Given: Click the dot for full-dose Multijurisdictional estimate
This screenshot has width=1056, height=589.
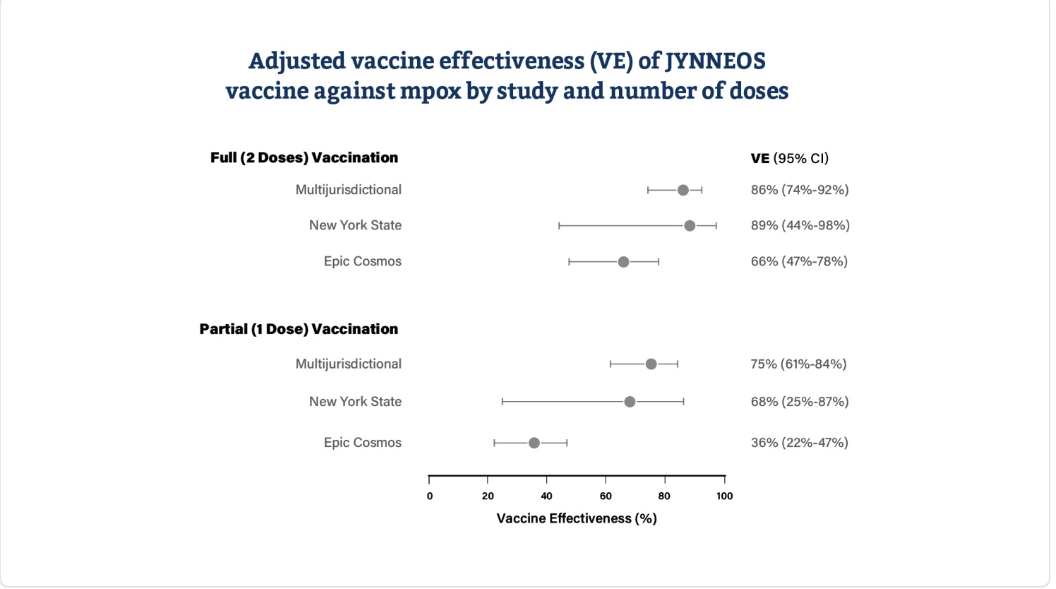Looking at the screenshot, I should (683, 190).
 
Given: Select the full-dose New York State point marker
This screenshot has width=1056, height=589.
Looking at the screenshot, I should (690, 226).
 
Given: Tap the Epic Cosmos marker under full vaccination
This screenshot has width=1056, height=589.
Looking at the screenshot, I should (623, 262).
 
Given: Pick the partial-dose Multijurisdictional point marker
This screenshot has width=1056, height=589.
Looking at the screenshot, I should (651, 364).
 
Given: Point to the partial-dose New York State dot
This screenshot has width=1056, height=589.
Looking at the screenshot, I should (630, 402).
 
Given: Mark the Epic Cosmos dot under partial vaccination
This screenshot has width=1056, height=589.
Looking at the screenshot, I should (534, 443).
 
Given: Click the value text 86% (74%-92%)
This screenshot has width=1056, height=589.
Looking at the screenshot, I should (799, 190).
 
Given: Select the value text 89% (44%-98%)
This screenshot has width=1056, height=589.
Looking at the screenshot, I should (800, 225).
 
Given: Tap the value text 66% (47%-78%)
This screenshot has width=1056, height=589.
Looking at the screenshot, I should (799, 261).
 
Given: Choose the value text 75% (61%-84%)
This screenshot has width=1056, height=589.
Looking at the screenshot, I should (798, 364).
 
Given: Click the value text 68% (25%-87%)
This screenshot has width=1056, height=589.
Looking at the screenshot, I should (799, 402).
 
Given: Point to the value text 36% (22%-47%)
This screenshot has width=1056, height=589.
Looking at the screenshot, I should (799, 443).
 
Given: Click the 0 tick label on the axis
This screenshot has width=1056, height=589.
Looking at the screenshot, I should (430, 496).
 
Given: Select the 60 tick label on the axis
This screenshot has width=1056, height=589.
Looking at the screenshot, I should (606, 496).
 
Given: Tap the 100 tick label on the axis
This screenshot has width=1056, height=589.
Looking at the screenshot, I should (724, 496).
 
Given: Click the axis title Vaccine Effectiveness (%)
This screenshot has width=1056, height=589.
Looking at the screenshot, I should (577, 518).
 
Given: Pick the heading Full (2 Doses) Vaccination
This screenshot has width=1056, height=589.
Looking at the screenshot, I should (304, 157).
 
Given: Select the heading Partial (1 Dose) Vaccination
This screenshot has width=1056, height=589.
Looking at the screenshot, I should (299, 329).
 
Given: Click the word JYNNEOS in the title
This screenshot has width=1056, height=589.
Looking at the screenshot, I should (715, 61).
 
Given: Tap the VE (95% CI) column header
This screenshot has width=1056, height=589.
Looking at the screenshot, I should (789, 158).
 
